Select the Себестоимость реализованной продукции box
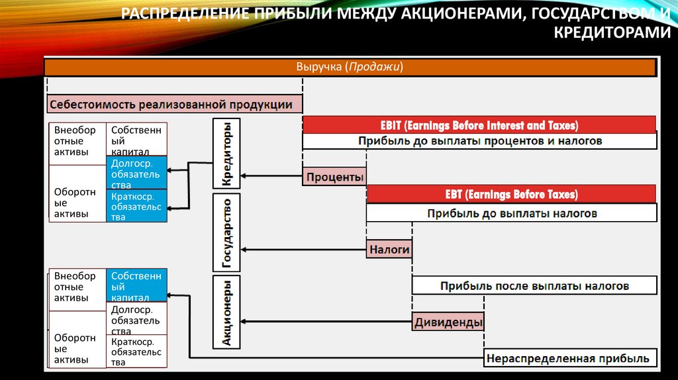(x=175, y=104)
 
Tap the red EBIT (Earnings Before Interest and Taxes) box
(x=479, y=124)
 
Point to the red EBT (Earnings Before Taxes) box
(x=511, y=194)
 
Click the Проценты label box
(x=334, y=177)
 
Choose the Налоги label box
(x=389, y=250)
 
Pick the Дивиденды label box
(x=448, y=322)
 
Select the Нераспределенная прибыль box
(x=569, y=358)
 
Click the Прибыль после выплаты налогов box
(x=534, y=285)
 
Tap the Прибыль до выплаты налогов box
(x=511, y=213)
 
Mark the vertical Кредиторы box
(x=226, y=154)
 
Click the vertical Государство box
(x=226, y=233)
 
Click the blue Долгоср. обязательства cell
(x=136, y=173)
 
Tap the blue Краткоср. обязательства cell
(x=136, y=206)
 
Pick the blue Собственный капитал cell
(x=136, y=285)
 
